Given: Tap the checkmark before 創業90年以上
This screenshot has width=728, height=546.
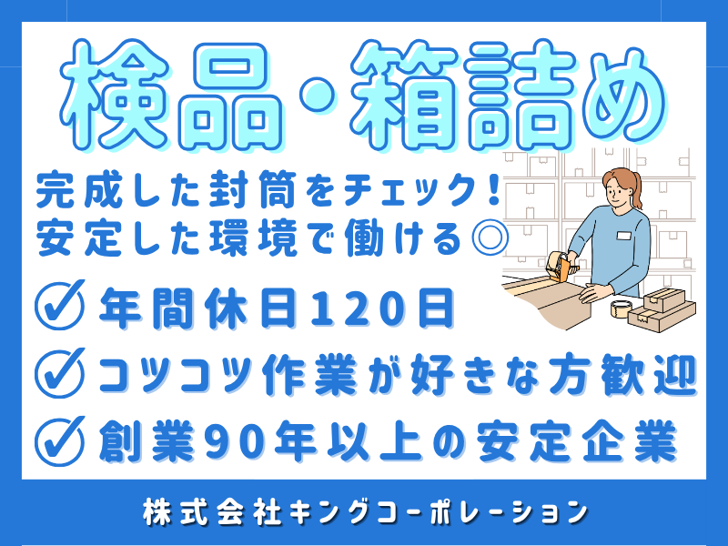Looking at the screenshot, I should [x=58, y=441].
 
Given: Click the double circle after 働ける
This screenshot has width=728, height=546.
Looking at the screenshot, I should [x=489, y=239].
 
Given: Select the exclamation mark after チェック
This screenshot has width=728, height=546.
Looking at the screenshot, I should [x=490, y=192].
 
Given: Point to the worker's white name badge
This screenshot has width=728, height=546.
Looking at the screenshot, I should [x=624, y=237].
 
